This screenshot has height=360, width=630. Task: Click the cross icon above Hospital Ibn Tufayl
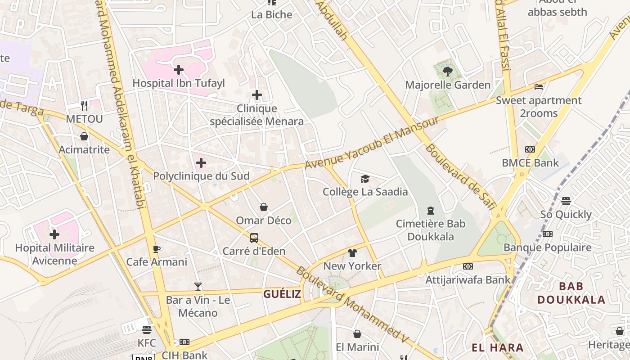click(x=179, y=70)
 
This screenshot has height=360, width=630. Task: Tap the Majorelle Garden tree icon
click(x=448, y=71)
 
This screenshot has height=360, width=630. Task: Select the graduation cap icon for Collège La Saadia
click(x=365, y=179)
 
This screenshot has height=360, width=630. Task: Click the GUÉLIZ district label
click(x=282, y=294)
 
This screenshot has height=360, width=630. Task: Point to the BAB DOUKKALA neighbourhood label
click(x=571, y=292)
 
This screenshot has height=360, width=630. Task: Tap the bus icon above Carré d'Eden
click(x=254, y=238)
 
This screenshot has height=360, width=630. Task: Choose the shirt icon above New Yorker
click(x=352, y=253)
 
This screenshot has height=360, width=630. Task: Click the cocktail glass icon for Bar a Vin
click(x=198, y=286)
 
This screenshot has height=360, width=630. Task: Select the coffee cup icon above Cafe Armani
click(x=157, y=249)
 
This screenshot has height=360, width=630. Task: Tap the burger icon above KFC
click(x=147, y=330)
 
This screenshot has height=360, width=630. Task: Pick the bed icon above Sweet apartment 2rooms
click(x=539, y=87)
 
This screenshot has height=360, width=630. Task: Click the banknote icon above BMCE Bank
click(x=530, y=149)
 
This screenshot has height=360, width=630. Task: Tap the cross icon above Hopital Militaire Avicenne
click(x=54, y=234)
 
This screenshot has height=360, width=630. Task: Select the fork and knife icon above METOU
click(x=84, y=105)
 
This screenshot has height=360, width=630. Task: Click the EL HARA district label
click(x=498, y=347)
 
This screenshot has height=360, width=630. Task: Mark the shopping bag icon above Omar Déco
click(x=264, y=207)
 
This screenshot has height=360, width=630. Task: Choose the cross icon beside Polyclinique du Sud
click(x=201, y=163)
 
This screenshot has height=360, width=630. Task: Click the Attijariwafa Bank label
click(x=468, y=279)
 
